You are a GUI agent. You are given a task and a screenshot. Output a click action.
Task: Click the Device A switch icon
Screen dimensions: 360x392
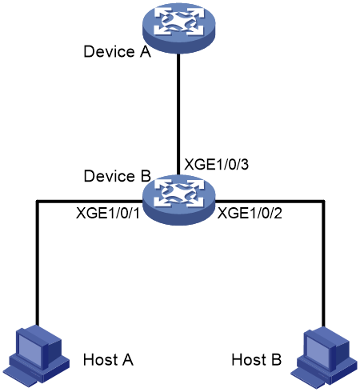coord(178,28)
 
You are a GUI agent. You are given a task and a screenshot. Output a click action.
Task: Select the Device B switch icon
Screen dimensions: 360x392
coord(178,200)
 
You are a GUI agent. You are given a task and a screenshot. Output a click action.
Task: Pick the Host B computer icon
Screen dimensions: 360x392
coord(324,356)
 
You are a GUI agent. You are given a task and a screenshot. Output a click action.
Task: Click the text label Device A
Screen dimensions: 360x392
coord(118,51)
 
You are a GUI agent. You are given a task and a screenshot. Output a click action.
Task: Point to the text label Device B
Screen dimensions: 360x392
coord(118,176)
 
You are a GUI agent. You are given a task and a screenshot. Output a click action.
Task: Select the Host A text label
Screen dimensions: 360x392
coord(108,359)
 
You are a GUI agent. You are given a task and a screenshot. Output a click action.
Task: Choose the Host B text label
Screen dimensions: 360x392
coord(257,359)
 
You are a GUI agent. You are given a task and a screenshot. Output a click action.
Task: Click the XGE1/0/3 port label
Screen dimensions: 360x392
coord(217,164)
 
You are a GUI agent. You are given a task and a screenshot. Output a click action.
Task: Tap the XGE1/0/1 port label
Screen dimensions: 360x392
coord(108,214)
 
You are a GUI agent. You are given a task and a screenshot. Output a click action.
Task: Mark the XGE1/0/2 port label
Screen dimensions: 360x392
coord(250,214)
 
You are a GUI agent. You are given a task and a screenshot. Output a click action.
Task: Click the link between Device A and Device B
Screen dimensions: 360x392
coord(178,114)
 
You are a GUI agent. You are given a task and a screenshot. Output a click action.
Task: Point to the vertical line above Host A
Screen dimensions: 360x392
coord(38,263)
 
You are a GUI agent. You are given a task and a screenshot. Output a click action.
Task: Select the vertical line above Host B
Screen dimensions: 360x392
coord(323,264)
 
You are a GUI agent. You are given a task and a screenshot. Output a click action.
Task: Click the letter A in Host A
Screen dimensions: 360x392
coord(127,359)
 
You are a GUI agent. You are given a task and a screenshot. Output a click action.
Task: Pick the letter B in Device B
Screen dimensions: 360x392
coord(146,176)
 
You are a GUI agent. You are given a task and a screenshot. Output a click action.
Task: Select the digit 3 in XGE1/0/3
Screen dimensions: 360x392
coord(245,164)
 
